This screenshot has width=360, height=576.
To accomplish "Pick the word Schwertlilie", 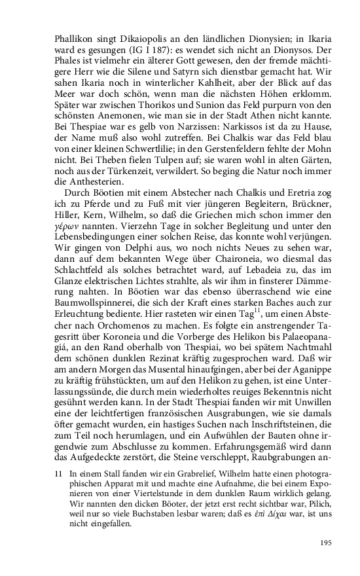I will pos(142,144).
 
